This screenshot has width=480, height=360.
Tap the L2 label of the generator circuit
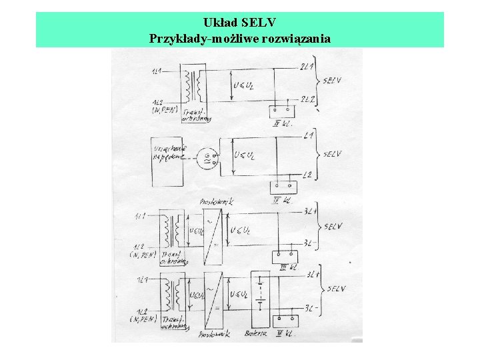pyautogui.click(x=309, y=175)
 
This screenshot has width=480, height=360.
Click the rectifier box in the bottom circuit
pyautogui.click(x=214, y=295)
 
